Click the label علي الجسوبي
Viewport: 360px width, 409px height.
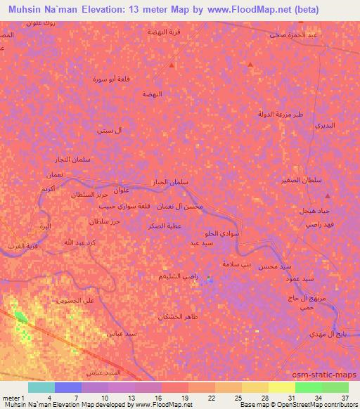pyautogui.click(x=84, y=300)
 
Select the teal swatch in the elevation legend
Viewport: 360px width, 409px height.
pyautogui.click(x=41, y=387)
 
